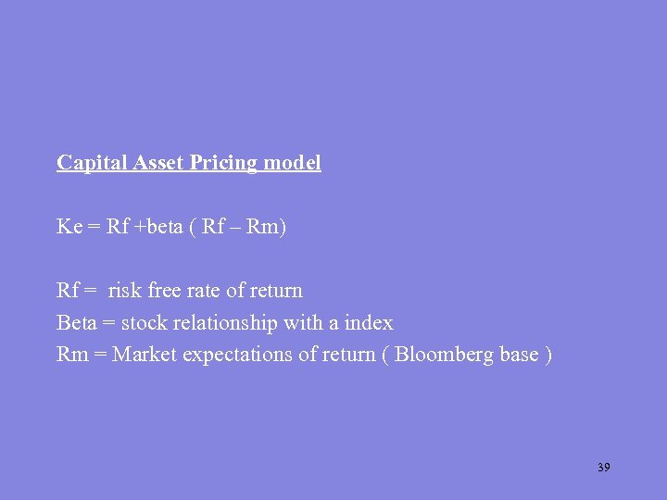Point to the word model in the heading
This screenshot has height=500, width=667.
click(x=292, y=163)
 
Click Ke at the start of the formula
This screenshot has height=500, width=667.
click(x=69, y=227)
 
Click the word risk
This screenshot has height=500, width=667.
click(x=124, y=291)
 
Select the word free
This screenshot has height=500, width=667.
click(x=164, y=291)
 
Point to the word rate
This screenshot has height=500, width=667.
click(x=205, y=291)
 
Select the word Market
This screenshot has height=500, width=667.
click(x=145, y=356)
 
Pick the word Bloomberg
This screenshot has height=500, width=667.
click(x=441, y=356)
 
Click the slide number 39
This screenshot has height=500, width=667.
click(x=603, y=468)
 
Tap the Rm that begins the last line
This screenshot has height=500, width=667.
click(x=71, y=356)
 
